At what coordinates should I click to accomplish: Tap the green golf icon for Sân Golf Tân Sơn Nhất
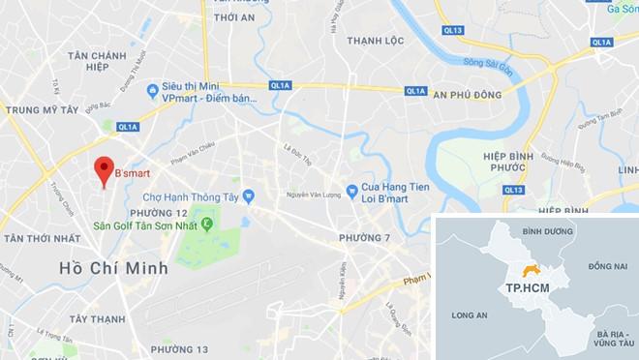(x=205, y=225)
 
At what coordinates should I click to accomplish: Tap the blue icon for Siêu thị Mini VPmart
(x=152, y=92)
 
